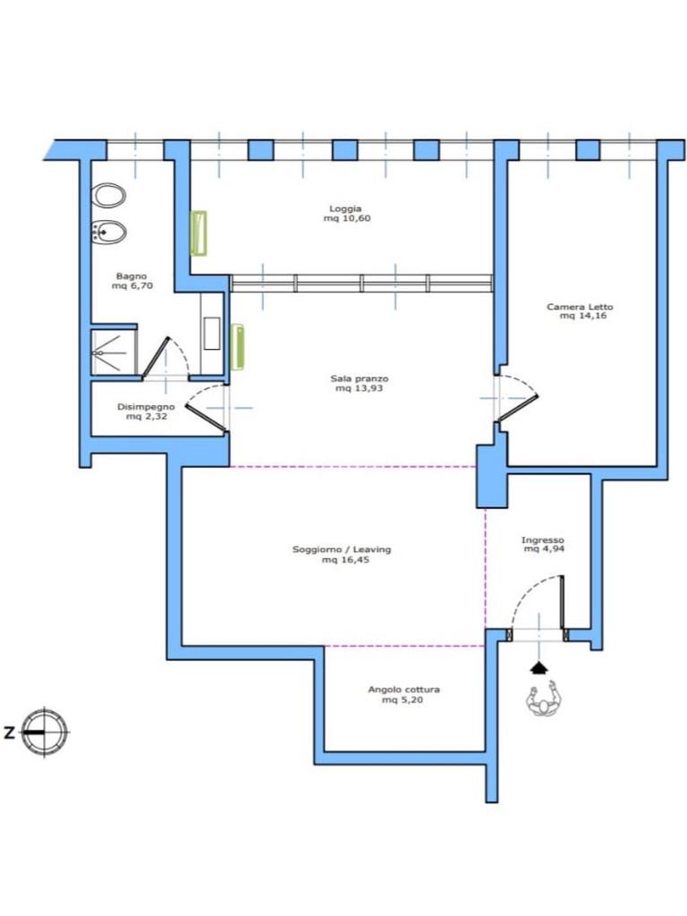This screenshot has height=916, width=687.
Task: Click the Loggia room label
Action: point(345,208)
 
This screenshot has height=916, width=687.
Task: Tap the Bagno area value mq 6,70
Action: point(132,285)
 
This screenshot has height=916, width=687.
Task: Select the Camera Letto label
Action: point(580,307)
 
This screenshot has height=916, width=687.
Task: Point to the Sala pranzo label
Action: point(360,378)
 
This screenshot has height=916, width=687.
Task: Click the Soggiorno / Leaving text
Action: point(342,550)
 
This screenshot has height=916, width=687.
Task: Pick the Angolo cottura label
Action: point(403,690)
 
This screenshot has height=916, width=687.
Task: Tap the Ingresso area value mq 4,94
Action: point(544,549)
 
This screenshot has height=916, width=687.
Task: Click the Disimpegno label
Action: point(146,407)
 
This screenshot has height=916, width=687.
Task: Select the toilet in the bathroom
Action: point(110,195)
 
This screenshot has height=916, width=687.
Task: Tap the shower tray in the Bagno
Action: point(114,352)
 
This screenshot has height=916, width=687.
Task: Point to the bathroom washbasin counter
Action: point(211,333)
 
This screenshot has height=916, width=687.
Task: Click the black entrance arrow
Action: point(539,667)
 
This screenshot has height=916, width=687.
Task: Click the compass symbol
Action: point(45,732)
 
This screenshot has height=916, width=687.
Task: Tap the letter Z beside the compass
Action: point(9,733)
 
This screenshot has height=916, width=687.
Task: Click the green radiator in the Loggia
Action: point(199,233)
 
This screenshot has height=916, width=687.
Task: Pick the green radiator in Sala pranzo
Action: point(238,347)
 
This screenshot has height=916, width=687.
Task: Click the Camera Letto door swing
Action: point(517,397)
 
